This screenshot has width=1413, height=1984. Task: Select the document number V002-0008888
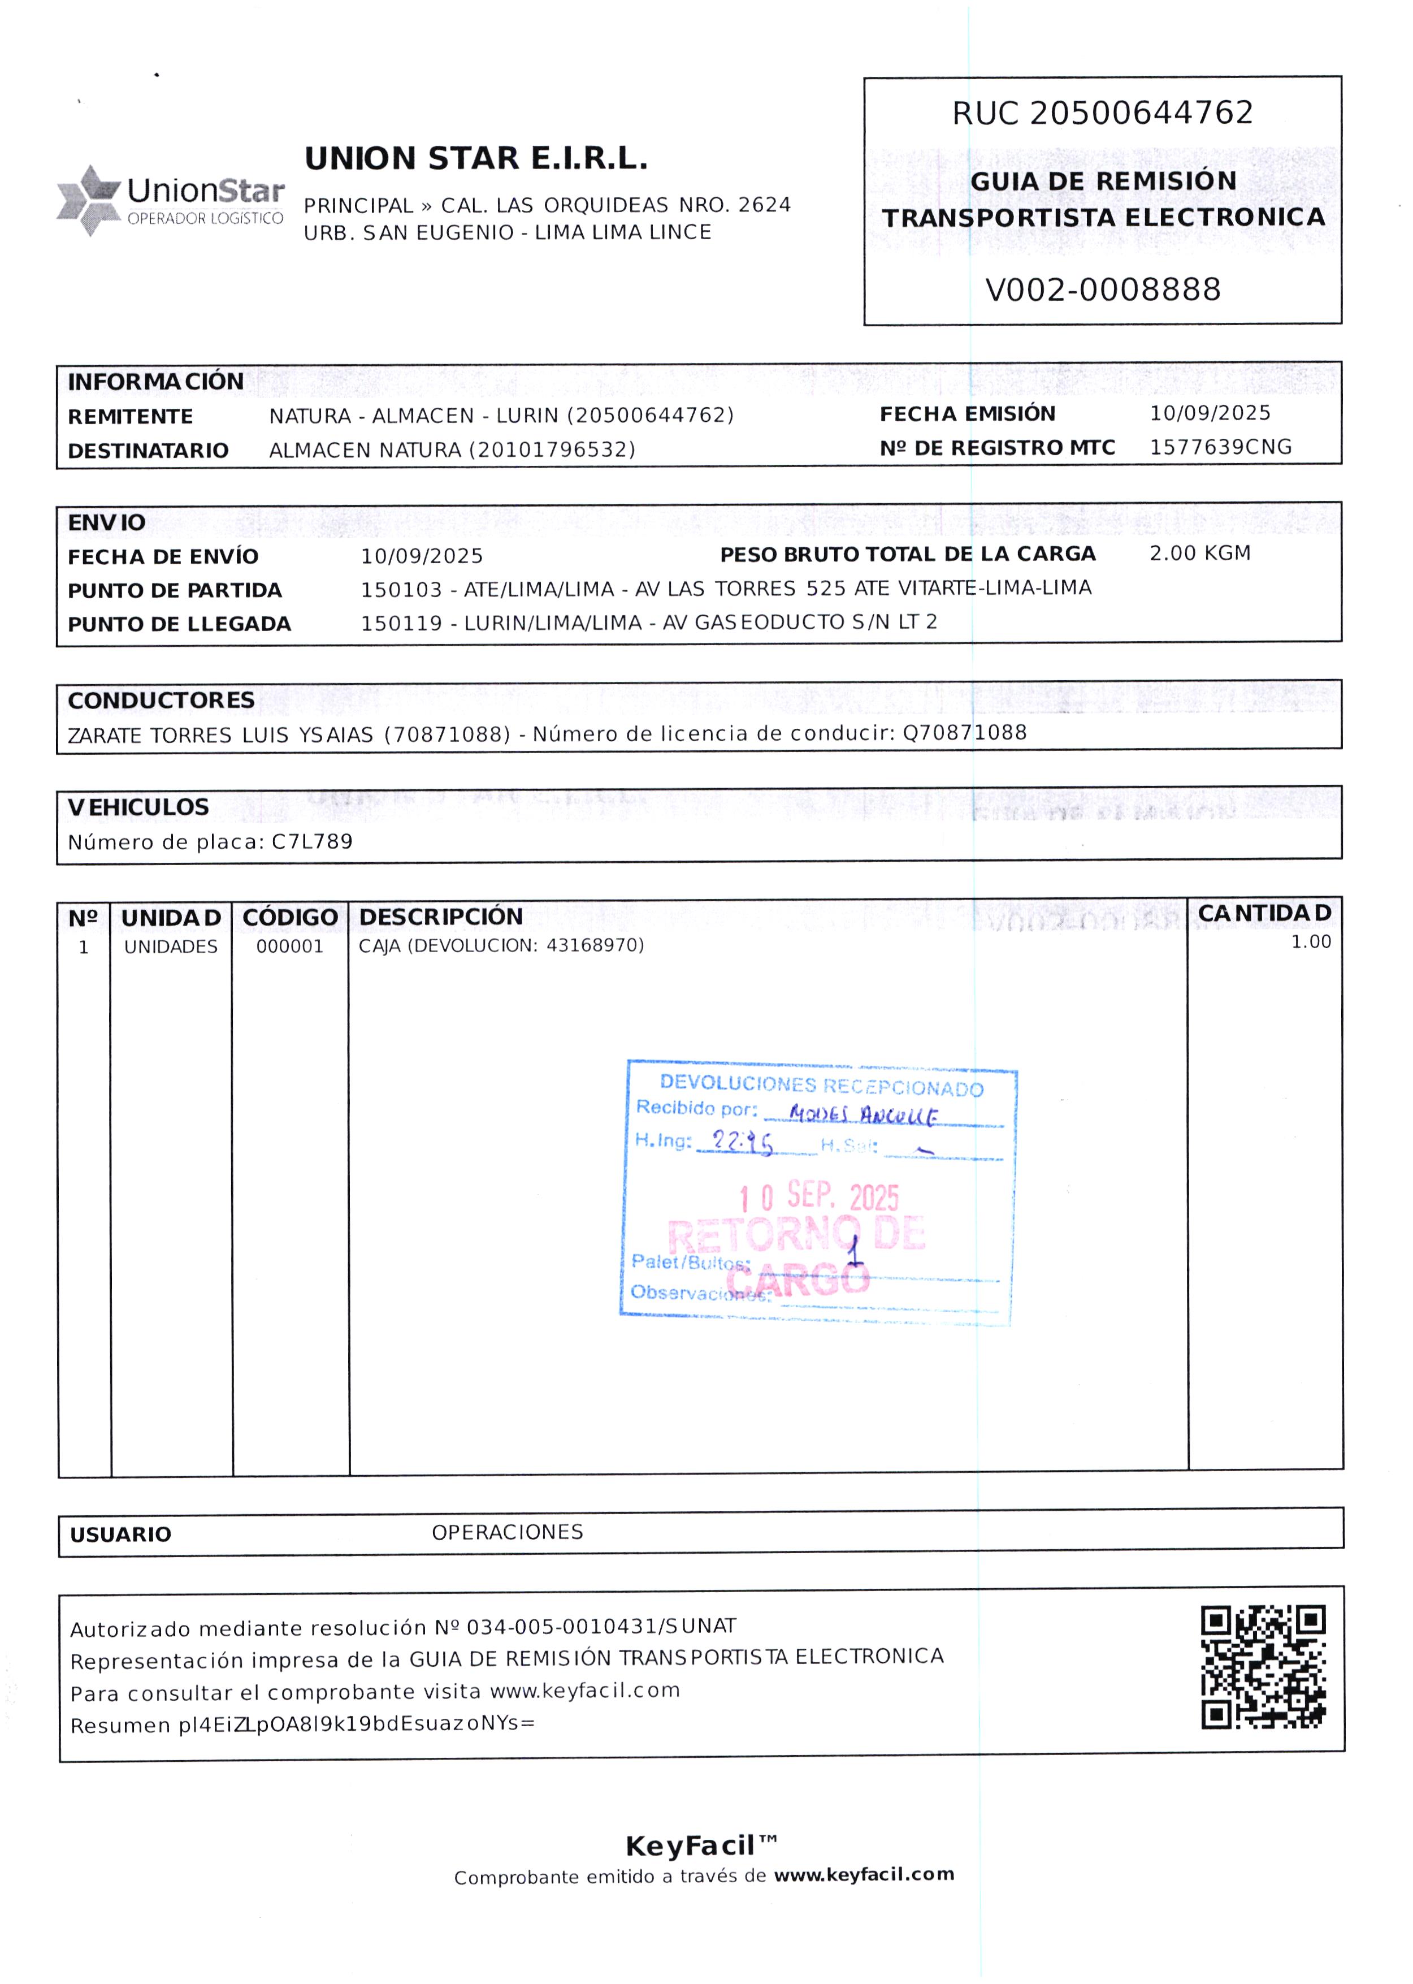coord(1102,289)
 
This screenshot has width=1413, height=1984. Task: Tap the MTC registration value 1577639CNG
coord(1220,447)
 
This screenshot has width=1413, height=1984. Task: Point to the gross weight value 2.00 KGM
coord(1199,554)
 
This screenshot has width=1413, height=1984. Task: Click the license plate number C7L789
coord(313,841)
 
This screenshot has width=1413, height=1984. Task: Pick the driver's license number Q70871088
coord(964,733)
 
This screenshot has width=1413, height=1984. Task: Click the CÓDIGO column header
coord(290,917)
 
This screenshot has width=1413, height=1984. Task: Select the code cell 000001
coord(290,946)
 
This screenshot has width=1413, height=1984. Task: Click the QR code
coord(1263,1666)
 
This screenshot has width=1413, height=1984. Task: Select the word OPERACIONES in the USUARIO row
coord(507,1532)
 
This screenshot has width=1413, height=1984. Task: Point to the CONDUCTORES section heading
coord(161,701)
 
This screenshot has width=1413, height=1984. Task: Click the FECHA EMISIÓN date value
coord(1210,413)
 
